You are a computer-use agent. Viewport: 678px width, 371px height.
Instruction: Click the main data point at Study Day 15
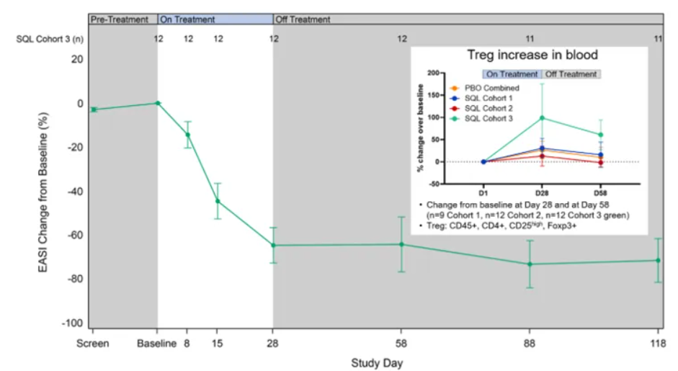coord(218,201)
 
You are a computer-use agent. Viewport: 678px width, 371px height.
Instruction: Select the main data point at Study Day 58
coord(402,244)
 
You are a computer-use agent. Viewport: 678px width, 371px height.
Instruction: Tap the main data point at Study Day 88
coord(530,264)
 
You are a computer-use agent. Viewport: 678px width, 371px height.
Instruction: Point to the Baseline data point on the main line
coord(158,103)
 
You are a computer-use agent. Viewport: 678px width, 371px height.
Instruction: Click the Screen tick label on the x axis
coord(94,344)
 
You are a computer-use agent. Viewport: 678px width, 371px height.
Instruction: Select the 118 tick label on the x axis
coord(656,344)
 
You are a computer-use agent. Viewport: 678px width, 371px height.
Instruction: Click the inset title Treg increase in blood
coord(532,55)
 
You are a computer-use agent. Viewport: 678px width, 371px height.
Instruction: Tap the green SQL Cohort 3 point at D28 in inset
coord(541,117)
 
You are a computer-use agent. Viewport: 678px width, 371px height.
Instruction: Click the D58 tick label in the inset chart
coord(599,192)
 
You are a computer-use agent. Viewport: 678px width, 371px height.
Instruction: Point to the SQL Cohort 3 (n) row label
coord(50,39)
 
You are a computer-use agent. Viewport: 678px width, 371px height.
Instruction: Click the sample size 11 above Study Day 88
coord(530,39)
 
